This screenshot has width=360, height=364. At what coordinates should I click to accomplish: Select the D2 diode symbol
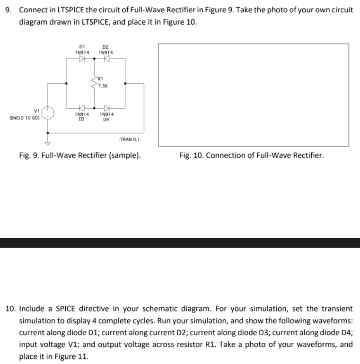click(x=106, y=60)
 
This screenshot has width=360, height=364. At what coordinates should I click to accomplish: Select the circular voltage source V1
click(x=48, y=114)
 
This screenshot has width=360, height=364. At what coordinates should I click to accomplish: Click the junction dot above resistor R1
click(x=94, y=60)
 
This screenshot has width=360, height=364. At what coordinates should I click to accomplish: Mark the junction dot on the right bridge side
click(x=125, y=84)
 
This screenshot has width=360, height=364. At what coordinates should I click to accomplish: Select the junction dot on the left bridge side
click(x=66, y=84)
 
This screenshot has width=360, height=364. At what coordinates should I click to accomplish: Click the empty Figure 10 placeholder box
click(x=253, y=95)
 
